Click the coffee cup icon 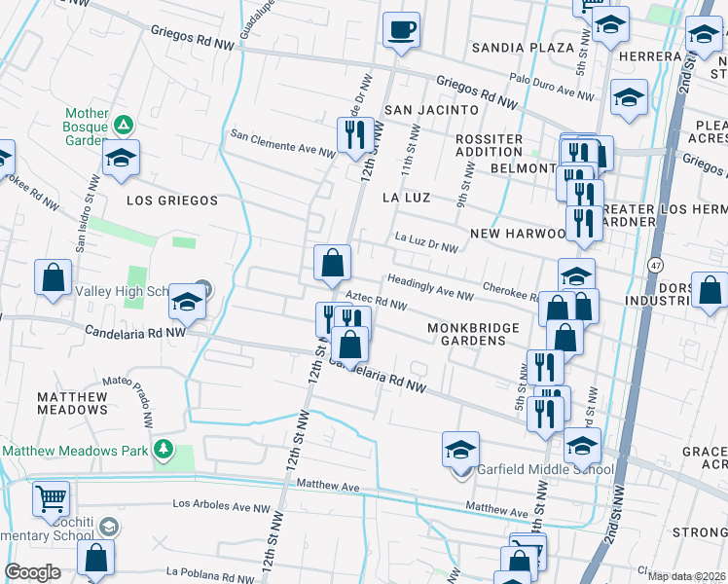pos(400,30)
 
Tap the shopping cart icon pos(51,499)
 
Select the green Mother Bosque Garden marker pos(123,125)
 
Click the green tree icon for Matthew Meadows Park pos(164,450)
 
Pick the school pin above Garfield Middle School pos(460,451)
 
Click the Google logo pos(32,572)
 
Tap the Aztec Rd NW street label pos(376,303)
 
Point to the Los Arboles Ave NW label pos(222,506)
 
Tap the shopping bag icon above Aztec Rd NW pos(332,263)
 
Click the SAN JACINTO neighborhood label pos(431,110)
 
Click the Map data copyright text pos(686,576)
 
